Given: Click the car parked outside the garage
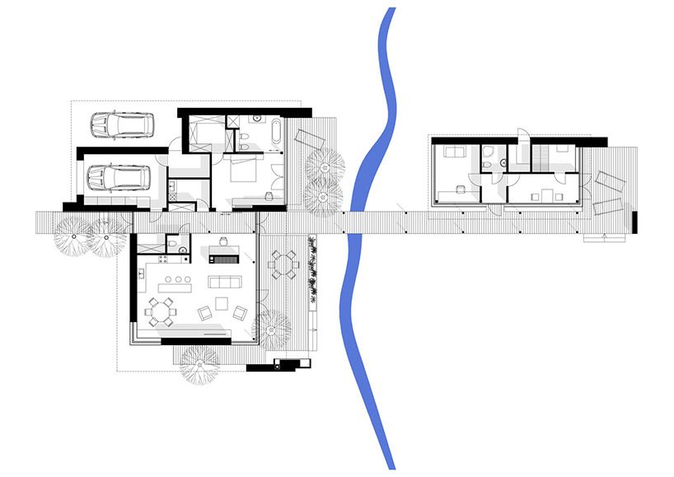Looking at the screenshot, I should (x=122, y=125).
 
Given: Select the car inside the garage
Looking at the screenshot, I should (x=118, y=178).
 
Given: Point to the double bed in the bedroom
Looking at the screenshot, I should (x=244, y=172).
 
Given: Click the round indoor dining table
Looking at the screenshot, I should (x=160, y=311).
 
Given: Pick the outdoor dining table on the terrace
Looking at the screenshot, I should (x=285, y=264).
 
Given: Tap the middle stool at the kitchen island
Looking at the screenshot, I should (x=175, y=280).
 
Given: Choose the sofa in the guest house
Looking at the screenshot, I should (x=452, y=152).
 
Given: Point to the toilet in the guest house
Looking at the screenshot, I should (x=489, y=164).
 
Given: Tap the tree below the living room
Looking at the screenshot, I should (x=200, y=362).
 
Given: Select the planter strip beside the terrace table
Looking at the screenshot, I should (x=313, y=272).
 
